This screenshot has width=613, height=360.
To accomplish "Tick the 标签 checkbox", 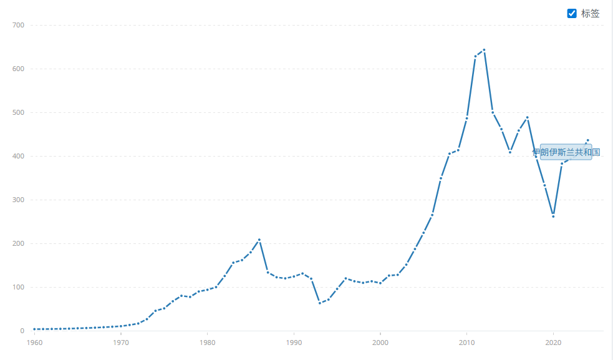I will (x=572, y=13).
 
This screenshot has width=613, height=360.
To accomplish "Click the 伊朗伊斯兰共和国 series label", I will (x=566, y=152).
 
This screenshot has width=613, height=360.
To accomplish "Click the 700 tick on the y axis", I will (x=17, y=25).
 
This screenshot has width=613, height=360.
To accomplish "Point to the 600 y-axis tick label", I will (x=17, y=69).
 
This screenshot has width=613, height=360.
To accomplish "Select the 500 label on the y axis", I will (x=17, y=112).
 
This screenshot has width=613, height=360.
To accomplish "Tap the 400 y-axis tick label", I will (x=17, y=156).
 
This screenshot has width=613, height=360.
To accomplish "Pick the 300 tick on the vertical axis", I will (x=17, y=200).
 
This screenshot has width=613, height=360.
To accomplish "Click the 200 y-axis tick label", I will (x=17, y=243).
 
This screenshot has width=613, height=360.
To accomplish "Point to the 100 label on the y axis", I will (x=17, y=287).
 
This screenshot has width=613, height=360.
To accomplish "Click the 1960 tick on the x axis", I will (x=34, y=343).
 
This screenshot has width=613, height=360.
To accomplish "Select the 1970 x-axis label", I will (x=121, y=343).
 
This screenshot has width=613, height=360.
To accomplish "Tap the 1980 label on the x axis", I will (x=208, y=343).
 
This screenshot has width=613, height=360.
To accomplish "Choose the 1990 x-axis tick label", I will (x=294, y=343).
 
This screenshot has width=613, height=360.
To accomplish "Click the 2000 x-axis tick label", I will (x=380, y=343).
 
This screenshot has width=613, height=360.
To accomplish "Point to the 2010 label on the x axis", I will (x=466, y=343).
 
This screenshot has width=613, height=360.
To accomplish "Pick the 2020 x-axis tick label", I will (x=553, y=343).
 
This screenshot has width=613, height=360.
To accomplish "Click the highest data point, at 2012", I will (x=484, y=50).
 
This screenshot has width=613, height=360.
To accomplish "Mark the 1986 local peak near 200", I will (x=259, y=240).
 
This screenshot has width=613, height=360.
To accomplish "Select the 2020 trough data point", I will (x=553, y=216).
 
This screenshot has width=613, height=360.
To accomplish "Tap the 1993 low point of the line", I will (x=320, y=303).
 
